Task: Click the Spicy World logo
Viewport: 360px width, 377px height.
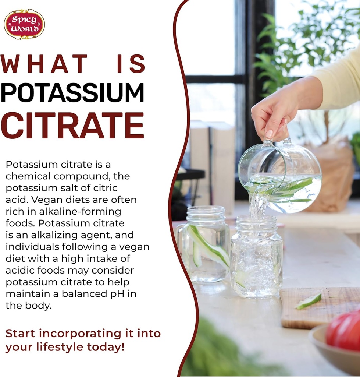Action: (24, 24)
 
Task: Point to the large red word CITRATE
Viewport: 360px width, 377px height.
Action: (72, 125)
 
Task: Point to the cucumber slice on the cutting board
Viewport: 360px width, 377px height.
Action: (309, 301)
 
